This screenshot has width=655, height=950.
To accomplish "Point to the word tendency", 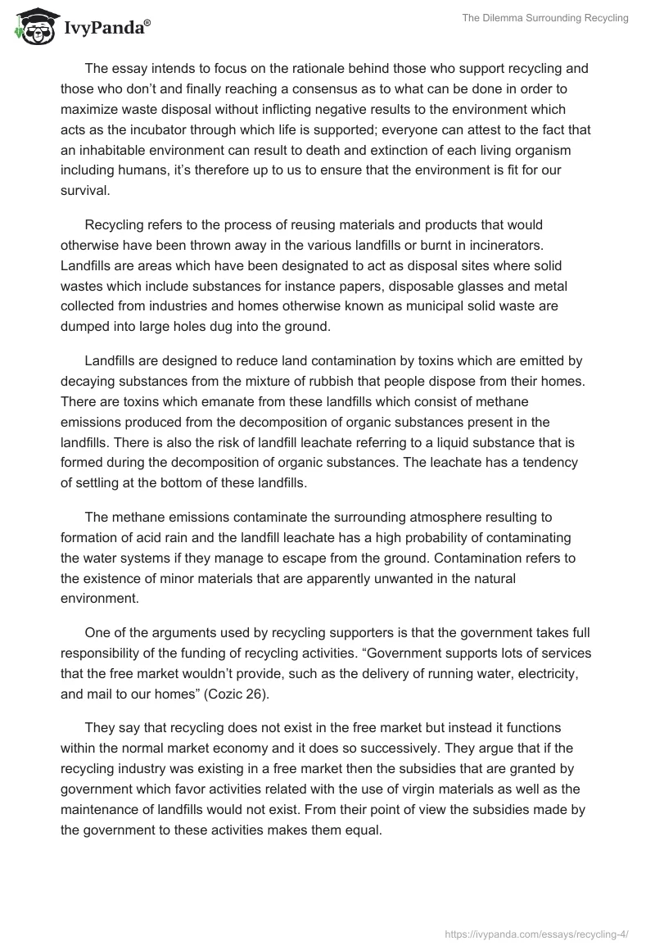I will (539, 463).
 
